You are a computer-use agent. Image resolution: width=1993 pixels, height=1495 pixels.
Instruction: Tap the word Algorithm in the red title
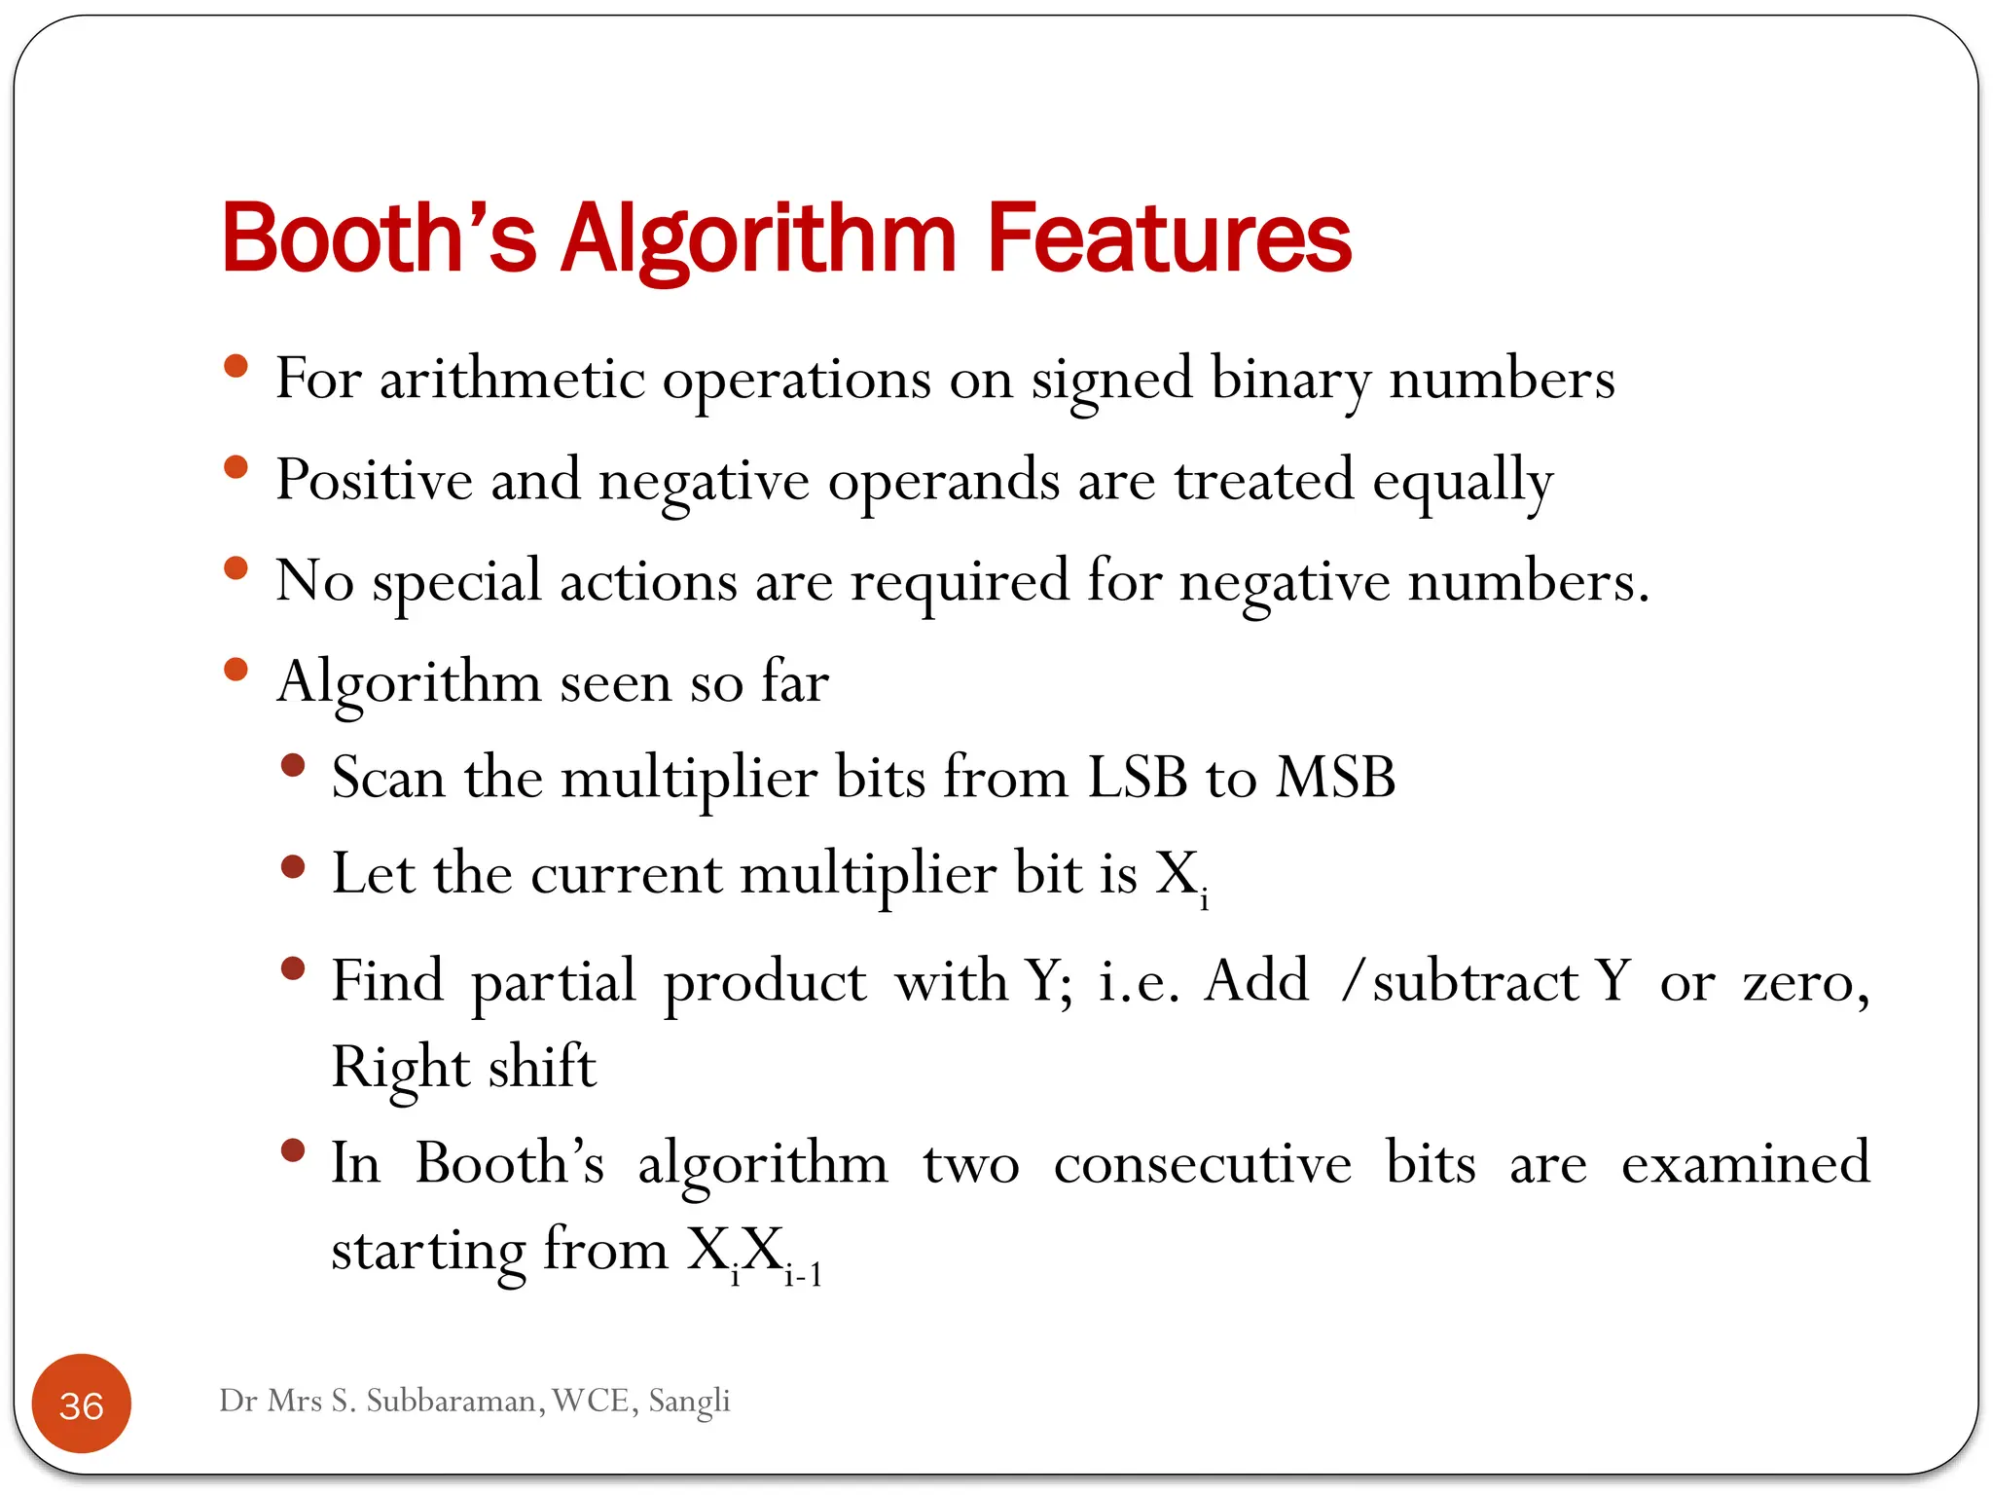click(x=759, y=239)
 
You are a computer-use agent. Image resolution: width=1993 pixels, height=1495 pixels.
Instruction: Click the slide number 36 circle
click(x=82, y=1404)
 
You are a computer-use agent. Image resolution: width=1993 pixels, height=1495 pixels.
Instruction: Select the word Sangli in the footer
click(x=689, y=1401)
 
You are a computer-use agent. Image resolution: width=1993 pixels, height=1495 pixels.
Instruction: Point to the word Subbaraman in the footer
click(x=451, y=1401)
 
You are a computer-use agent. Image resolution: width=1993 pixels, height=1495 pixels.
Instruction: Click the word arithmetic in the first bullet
click(x=512, y=379)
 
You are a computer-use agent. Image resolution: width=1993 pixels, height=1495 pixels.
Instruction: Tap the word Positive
click(x=374, y=480)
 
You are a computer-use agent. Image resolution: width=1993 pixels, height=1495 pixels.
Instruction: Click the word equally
click(x=1463, y=482)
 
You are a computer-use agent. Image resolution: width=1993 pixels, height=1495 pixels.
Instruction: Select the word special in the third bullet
click(x=456, y=583)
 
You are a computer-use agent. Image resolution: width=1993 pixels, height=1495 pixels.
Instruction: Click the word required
click(x=960, y=583)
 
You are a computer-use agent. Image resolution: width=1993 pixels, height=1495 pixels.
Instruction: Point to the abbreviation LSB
click(x=1137, y=778)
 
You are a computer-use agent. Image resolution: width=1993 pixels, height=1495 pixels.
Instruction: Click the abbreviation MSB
click(x=1335, y=778)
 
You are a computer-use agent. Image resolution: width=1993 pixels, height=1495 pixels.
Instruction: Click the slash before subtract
click(x=1351, y=980)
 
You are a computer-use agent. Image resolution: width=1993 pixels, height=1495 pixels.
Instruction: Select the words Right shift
click(x=463, y=1068)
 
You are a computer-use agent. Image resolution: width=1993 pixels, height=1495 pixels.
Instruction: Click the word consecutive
click(x=1202, y=1162)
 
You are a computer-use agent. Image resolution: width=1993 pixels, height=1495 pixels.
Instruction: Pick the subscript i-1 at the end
click(x=804, y=1274)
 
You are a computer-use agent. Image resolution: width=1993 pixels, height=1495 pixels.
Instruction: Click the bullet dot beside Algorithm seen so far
click(x=236, y=670)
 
